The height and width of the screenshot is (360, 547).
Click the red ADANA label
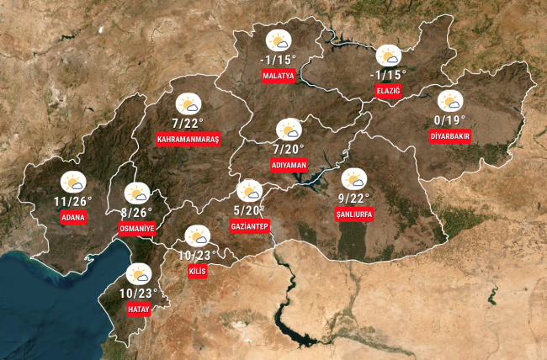(73, 218)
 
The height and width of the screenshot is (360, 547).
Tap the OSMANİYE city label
(137, 228)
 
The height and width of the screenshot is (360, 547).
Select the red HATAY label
(138, 310)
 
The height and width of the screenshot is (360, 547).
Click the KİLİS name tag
(197, 271)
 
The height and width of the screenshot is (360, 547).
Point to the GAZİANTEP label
(249, 226)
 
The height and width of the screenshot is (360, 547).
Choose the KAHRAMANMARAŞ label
(188, 139)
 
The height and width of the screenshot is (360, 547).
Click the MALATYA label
(279, 76)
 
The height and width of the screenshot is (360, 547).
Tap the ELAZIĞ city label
(389, 91)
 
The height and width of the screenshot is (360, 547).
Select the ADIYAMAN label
(289, 165)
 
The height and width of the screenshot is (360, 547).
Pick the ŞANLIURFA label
(353, 214)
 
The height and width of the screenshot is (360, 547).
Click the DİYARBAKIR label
(450, 135)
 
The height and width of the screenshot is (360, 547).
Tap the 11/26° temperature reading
(72, 202)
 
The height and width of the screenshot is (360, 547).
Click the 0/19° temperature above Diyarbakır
(449, 119)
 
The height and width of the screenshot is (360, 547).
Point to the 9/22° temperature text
(353, 198)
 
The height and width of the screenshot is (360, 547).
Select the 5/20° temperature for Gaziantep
(249, 210)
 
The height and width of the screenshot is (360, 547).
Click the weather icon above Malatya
(279, 40)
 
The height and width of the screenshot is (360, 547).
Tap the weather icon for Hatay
(138, 274)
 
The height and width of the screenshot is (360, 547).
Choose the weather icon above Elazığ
(389, 56)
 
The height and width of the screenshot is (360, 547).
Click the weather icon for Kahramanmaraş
(188, 103)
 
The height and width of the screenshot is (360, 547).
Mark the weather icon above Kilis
(197, 236)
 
